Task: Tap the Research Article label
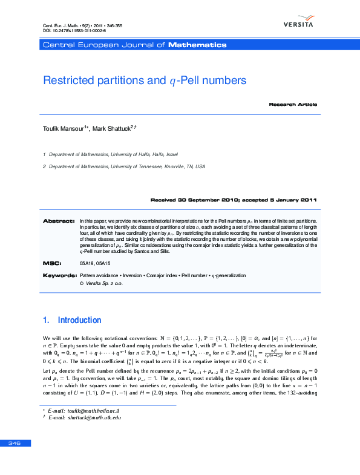tap(293, 105)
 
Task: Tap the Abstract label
tap(58, 221)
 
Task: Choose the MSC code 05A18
tap(87, 264)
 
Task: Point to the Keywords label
tap(59, 275)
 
